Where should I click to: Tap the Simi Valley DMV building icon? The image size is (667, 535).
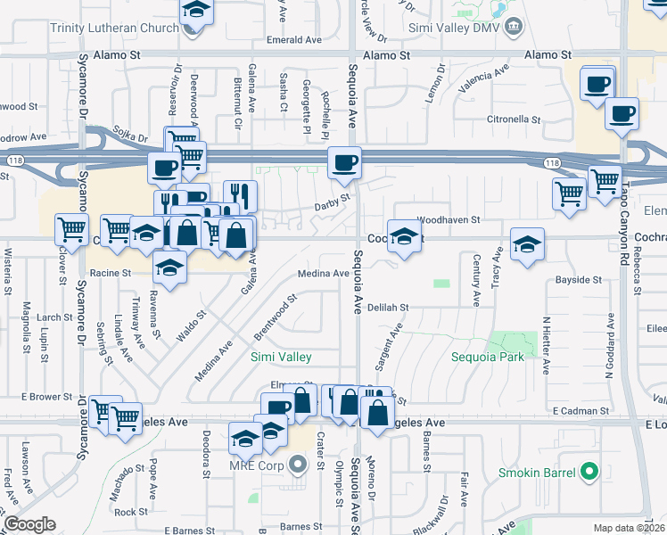click(515, 28)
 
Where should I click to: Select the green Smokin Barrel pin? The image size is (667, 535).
click(588, 472)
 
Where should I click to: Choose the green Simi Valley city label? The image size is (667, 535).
click(281, 357)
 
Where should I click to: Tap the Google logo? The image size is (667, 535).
click(29, 523)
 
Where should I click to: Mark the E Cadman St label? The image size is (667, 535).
click(580, 411)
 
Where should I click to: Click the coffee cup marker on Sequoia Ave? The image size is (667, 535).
click(344, 162)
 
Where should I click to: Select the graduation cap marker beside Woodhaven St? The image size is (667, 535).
click(404, 236)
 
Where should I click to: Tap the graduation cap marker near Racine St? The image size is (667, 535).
click(169, 266)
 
